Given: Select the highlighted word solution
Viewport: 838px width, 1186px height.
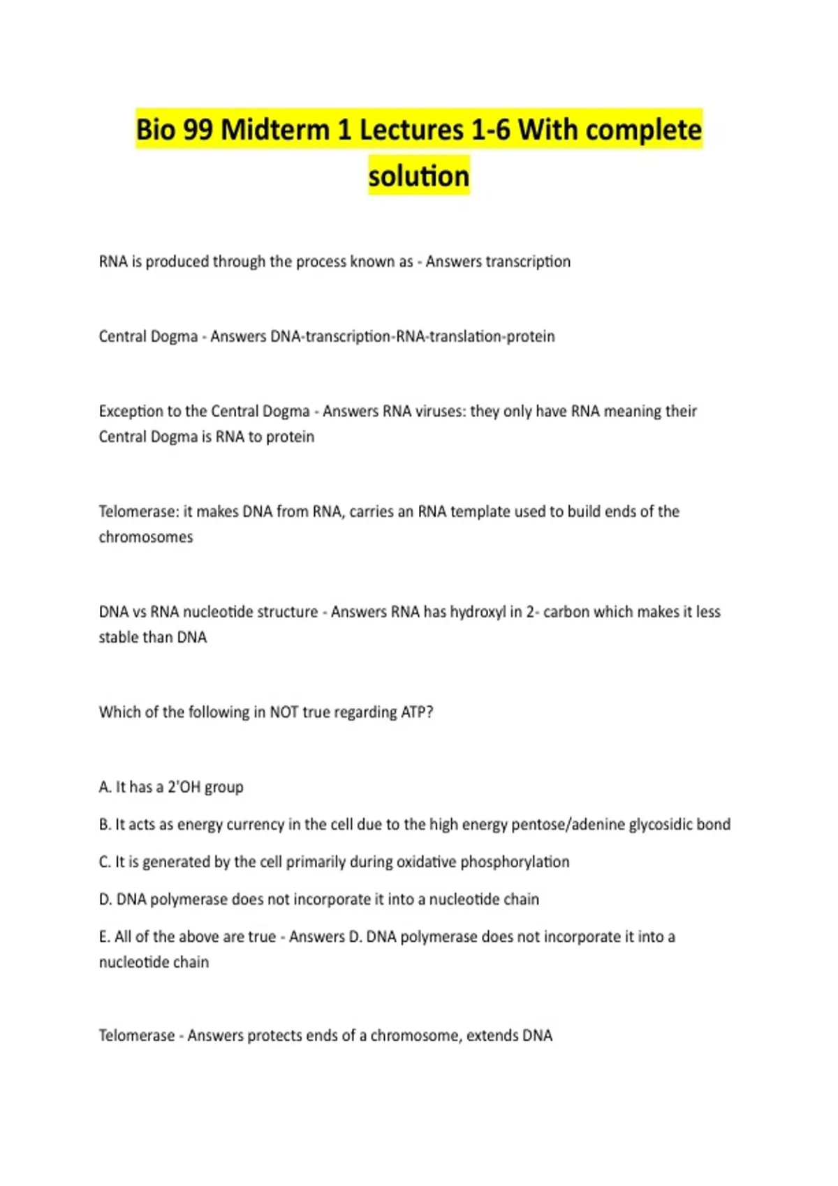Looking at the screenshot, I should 419,176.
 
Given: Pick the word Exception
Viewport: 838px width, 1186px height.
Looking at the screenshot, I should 131,411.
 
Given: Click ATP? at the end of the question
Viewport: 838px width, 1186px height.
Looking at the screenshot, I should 417,712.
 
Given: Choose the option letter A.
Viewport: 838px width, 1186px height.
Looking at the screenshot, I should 105,787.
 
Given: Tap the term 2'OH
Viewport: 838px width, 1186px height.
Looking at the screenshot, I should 184,787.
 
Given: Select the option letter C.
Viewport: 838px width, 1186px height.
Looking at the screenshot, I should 105,862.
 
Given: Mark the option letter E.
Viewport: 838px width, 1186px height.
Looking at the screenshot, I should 104,937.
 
